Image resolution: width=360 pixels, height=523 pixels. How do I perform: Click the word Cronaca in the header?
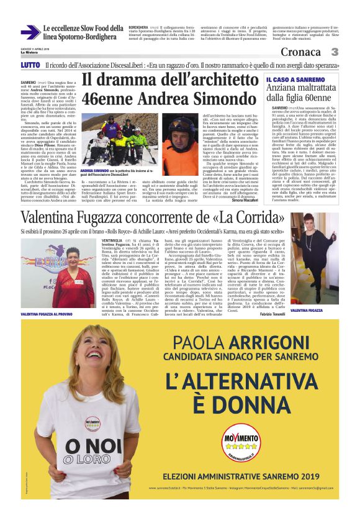tap(300, 52)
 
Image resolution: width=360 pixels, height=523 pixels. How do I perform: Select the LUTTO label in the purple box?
tap(30, 65)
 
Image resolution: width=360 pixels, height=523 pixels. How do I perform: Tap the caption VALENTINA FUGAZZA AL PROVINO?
tap(48, 298)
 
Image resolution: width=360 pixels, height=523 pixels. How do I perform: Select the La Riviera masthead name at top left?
tap(29, 52)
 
